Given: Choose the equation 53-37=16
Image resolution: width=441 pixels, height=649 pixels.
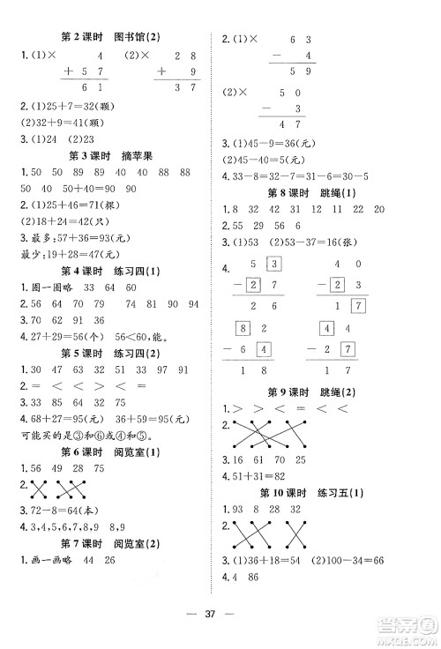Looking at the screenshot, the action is [x=303, y=242].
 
